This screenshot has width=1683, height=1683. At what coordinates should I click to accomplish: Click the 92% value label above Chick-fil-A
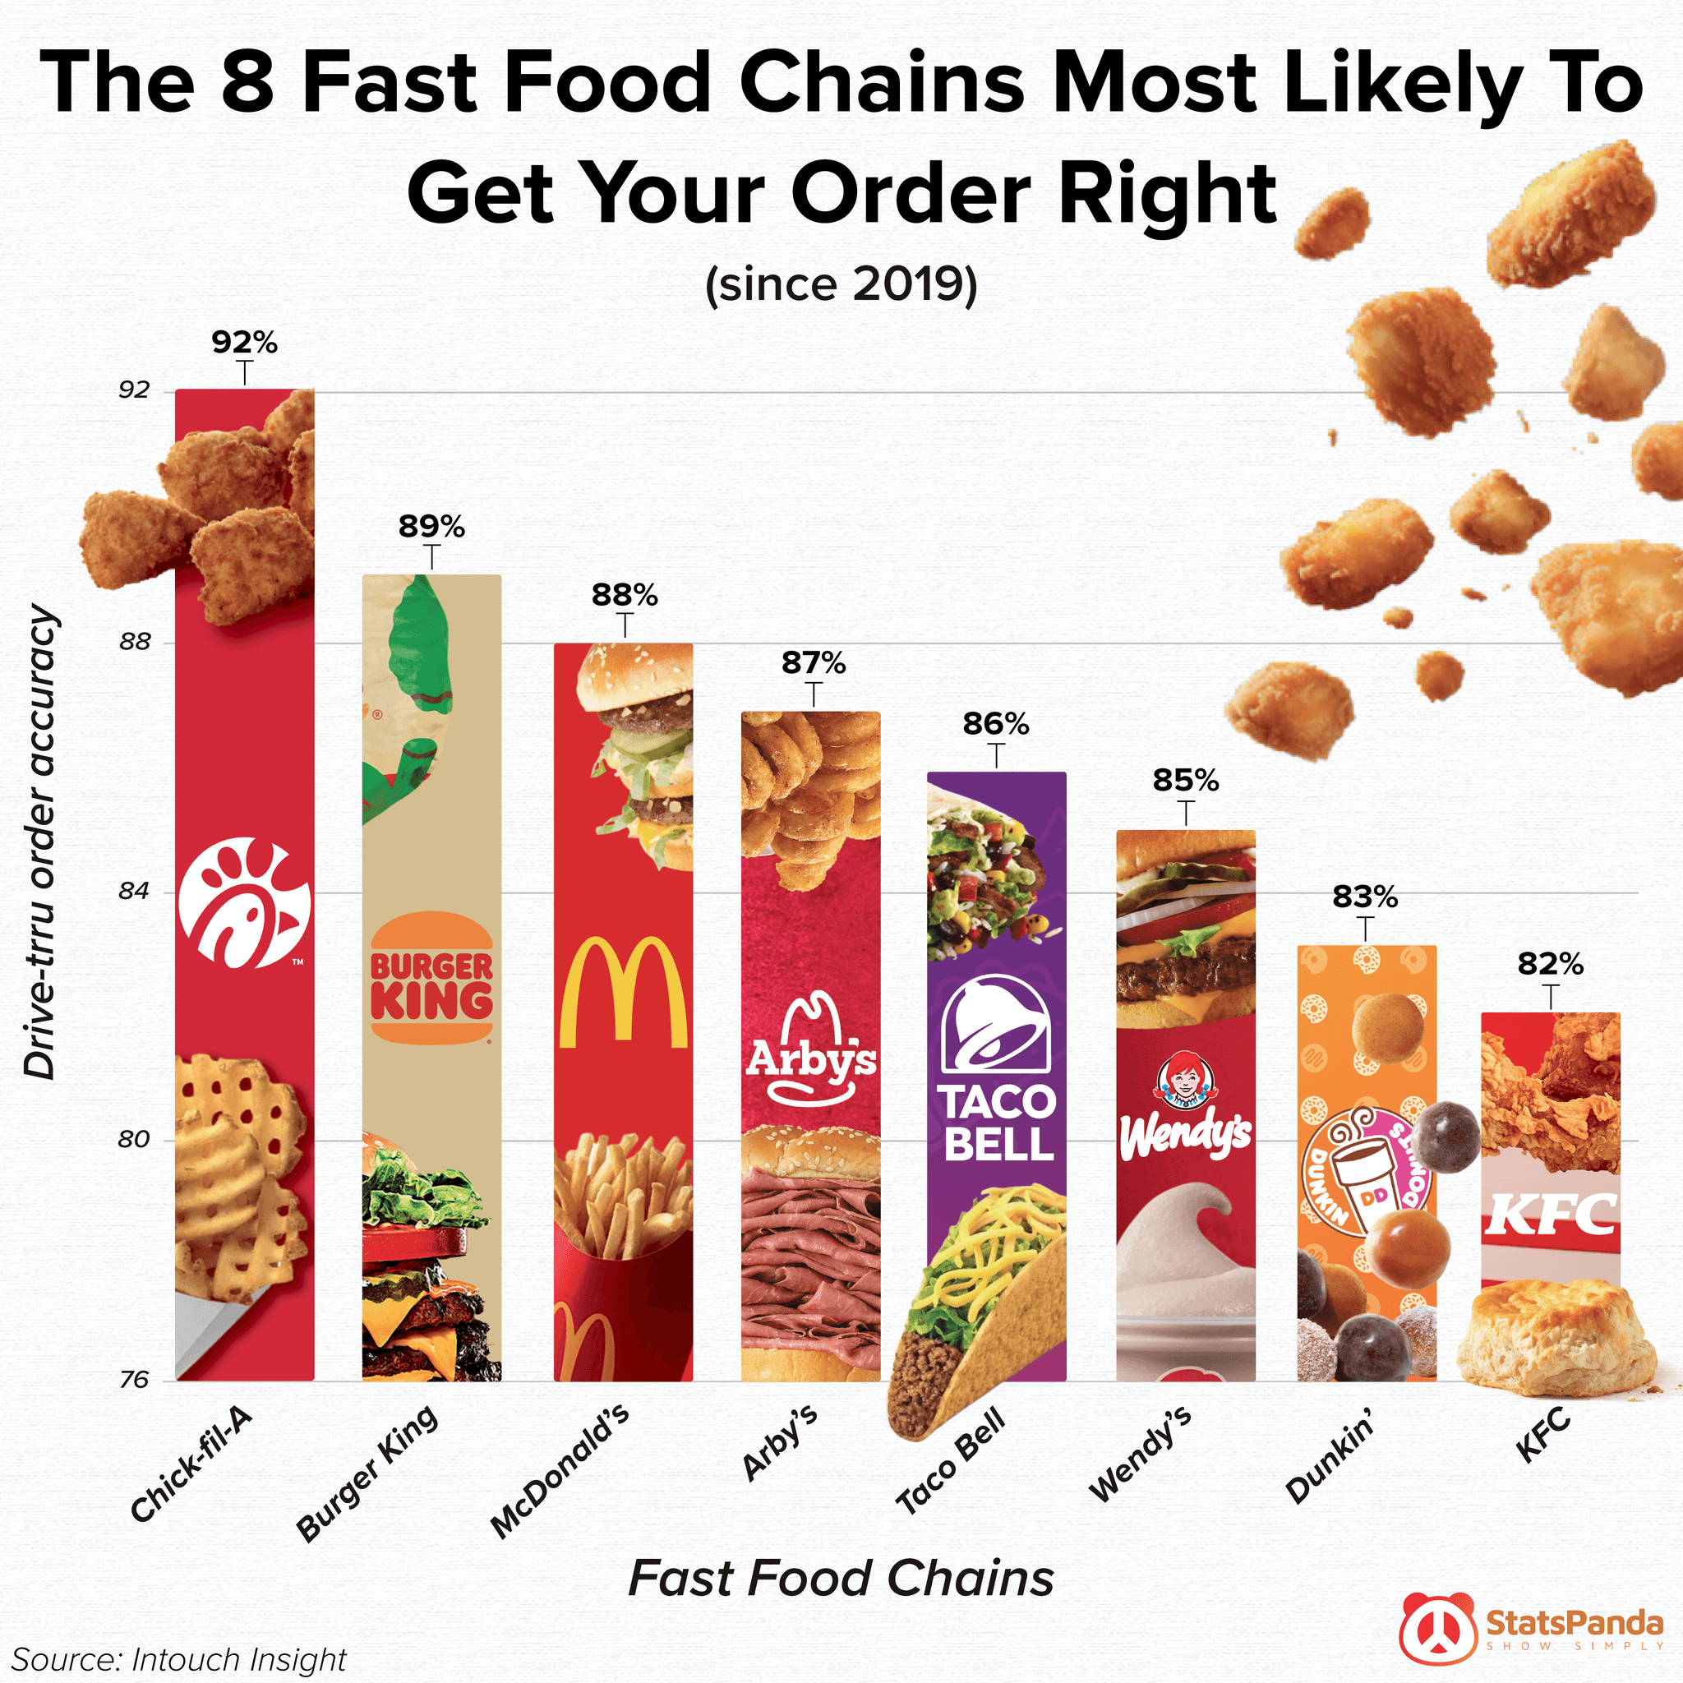pos(244,343)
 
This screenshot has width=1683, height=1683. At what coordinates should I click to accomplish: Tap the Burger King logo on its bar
pos(431,978)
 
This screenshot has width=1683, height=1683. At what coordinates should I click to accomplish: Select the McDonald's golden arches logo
pos(623,992)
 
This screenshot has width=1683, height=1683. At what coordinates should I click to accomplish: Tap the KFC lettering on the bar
pos(1551,1214)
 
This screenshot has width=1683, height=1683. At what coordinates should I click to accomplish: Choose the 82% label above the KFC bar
pos(1550,963)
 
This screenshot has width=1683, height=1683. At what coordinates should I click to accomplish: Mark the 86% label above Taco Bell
pos(996,723)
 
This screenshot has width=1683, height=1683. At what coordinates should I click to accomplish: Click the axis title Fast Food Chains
pos(841,1578)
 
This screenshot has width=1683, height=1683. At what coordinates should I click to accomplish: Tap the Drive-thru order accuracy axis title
pos(41,842)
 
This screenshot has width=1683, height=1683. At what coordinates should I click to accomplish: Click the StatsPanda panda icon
pos(1438,1627)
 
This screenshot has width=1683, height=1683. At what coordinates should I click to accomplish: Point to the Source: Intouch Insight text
pos(178,1659)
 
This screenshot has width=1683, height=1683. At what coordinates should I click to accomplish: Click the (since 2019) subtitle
pos(841,284)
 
